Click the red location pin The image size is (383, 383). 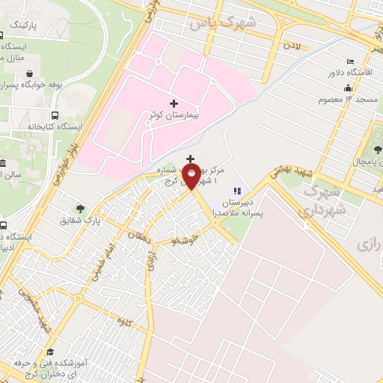[191, 175]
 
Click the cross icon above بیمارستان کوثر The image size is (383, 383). [174, 102]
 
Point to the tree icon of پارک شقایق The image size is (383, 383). [80, 209]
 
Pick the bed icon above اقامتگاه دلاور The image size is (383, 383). [349, 61]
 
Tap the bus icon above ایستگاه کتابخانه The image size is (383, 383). [55, 115]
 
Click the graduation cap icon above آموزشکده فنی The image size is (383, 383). [49, 352]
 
